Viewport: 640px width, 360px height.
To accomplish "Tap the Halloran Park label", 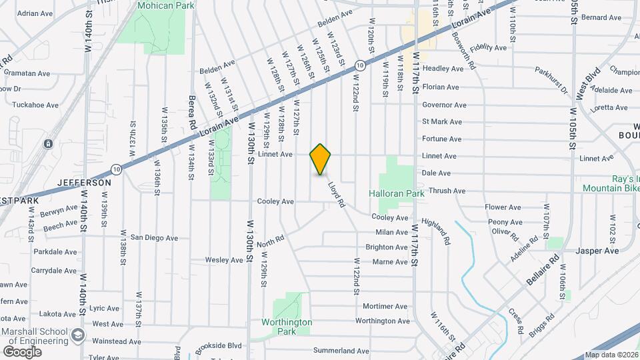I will click(x=397, y=193).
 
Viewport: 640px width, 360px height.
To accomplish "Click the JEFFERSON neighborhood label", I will click(x=84, y=182).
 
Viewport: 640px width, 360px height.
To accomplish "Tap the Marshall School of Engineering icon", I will click(x=79, y=335).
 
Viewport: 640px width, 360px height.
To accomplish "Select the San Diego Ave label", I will click(x=154, y=237).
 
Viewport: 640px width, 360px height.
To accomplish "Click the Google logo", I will click(x=22, y=351).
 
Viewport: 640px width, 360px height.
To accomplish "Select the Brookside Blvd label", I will click(x=218, y=347).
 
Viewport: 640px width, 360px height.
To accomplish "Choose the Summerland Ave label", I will click(x=341, y=351).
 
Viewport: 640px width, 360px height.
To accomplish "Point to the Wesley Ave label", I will click(x=221, y=260).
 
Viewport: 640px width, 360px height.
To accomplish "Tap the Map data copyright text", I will click(x=611, y=355).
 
